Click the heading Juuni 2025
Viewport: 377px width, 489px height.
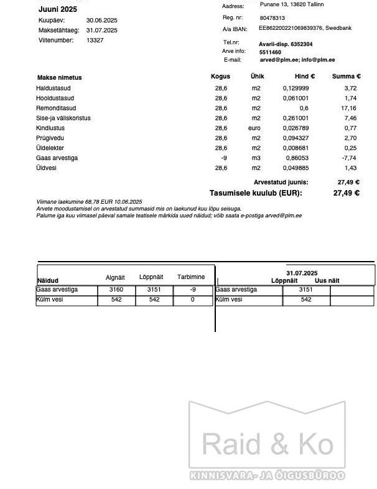tap(57, 9)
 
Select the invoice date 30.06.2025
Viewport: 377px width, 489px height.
tap(101, 21)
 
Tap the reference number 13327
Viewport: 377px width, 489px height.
tap(95, 40)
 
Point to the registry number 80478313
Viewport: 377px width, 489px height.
tap(272, 19)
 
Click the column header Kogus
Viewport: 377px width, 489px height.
tap(220, 77)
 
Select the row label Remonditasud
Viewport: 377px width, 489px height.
tap(56, 108)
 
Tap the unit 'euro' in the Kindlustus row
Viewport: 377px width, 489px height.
tap(254, 128)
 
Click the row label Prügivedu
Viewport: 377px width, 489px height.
tap(50, 138)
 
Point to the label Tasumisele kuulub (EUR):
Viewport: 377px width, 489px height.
tap(256, 193)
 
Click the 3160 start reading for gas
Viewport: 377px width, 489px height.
tap(116, 290)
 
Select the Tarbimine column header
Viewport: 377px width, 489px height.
tap(191, 277)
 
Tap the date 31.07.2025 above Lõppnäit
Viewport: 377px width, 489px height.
tap(302, 273)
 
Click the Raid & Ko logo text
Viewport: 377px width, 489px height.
tap(268, 444)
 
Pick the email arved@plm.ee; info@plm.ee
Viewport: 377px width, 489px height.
tap(297, 60)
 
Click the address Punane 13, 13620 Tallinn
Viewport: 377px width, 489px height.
tap(291, 4)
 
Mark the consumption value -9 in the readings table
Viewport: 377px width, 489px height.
tap(193, 290)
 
